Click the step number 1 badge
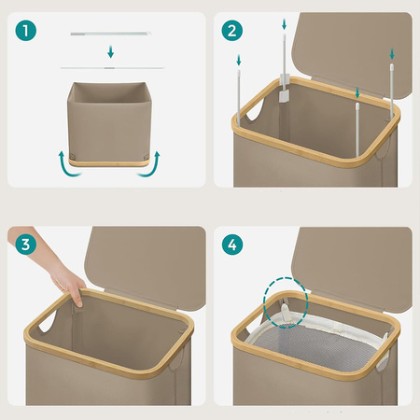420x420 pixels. click(x=25, y=31)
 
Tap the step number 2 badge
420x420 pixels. click(x=232, y=31)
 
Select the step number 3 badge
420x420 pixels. click(x=25, y=245)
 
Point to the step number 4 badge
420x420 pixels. click(x=232, y=245)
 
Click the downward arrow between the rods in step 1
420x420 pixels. click(x=110, y=51)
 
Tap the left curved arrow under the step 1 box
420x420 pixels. click(x=66, y=165)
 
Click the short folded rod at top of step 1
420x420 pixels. click(x=111, y=34)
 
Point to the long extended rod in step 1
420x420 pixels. click(x=112, y=67)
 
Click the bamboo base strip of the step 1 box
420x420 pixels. click(x=109, y=163)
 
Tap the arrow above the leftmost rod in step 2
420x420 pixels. click(x=239, y=60)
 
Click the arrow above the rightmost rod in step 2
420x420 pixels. click(x=392, y=54)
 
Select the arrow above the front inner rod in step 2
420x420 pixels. click(x=357, y=92)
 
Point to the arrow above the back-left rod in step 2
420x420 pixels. click(x=284, y=24)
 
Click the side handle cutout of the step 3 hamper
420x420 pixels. click(x=47, y=321)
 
